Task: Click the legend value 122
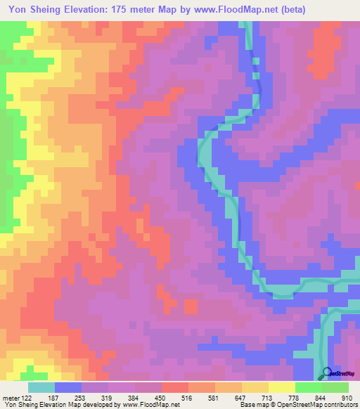click(x=27, y=397)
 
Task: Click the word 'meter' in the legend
click(x=11, y=397)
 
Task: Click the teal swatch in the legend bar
click(x=41, y=387)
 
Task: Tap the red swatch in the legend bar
click(x=174, y=387)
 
